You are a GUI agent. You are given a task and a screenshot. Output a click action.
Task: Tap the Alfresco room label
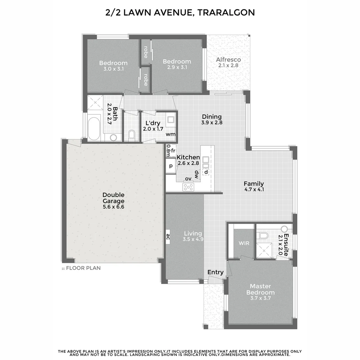point(228,60)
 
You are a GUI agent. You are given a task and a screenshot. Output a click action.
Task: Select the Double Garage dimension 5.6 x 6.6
point(113,207)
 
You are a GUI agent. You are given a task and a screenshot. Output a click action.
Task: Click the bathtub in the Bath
point(94,127)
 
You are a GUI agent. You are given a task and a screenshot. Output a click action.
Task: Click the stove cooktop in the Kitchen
point(188,187)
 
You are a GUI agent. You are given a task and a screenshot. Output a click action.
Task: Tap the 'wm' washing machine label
point(170,134)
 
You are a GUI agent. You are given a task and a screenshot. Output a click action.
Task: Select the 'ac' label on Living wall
point(168,237)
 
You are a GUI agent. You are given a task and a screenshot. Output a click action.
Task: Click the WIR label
point(244,243)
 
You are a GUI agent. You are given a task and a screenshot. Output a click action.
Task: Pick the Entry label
point(215,272)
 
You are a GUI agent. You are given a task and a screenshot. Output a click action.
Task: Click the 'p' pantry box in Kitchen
point(171,166)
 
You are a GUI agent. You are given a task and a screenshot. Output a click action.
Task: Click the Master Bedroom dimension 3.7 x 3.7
point(260,298)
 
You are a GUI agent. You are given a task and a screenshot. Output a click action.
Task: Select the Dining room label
point(212,117)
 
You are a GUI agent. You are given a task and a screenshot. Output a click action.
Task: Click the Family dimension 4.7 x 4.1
point(254,190)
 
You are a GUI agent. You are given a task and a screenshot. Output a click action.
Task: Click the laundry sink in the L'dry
point(170,119)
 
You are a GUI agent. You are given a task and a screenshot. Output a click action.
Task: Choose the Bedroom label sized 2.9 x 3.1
point(177,61)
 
